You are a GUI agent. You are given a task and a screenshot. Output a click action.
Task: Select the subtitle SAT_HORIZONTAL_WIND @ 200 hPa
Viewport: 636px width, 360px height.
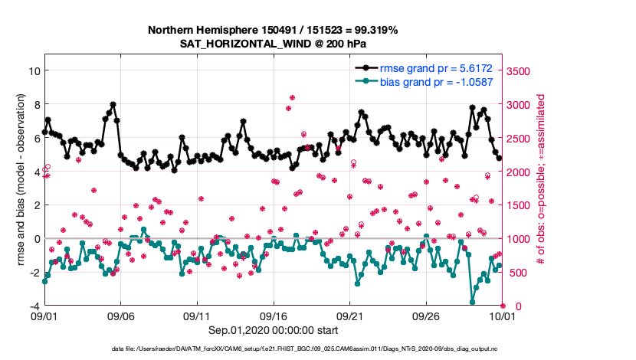coord(273,43)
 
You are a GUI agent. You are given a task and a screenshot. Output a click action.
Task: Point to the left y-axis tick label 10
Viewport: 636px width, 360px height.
coord(33,70)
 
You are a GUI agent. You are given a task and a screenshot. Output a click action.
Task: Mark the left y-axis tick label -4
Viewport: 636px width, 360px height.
coord(33,306)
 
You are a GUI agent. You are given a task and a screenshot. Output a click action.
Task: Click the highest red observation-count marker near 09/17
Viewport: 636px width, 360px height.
coord(292,98)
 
